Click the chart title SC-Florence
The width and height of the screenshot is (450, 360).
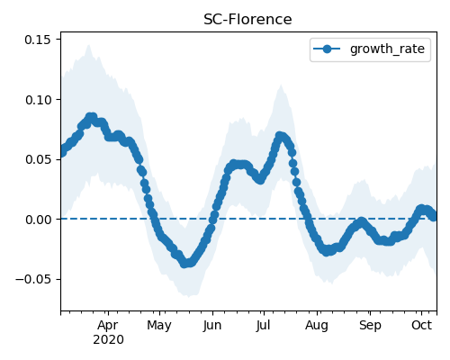(x=247, y=20)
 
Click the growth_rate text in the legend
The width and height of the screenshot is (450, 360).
(x=387, y=49)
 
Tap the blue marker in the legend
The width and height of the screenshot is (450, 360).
(x=327, y=49)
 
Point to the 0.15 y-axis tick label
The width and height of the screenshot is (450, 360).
(x=38, y=40)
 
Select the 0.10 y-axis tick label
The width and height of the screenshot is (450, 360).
(x=38, y=100)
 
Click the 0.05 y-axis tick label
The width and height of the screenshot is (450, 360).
(x=38, y=159)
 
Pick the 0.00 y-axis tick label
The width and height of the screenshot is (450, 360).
(x=38, y=220)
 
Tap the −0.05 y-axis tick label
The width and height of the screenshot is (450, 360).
(x=33, y=280)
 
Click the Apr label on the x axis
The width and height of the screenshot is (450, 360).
(x=108, y=325)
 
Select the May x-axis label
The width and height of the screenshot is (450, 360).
(x=159, y=325)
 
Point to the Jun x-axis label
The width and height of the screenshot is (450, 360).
(x=212, y=325)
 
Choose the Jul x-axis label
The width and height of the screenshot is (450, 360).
(x=264, y=325)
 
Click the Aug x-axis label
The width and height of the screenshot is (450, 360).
(x=317, y=325)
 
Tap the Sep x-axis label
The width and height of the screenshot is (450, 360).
(x=370, y=325)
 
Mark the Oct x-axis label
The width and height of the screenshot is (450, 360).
(x=421, y=325)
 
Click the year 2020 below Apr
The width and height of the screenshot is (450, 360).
(x=108, y=339)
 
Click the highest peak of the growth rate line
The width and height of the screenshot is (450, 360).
(x=91, y=117)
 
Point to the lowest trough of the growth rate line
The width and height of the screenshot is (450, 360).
(x=185, y=264)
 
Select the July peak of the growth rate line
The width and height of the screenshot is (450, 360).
(x=280, y=136)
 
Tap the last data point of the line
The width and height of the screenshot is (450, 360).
(x=434, y=217)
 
